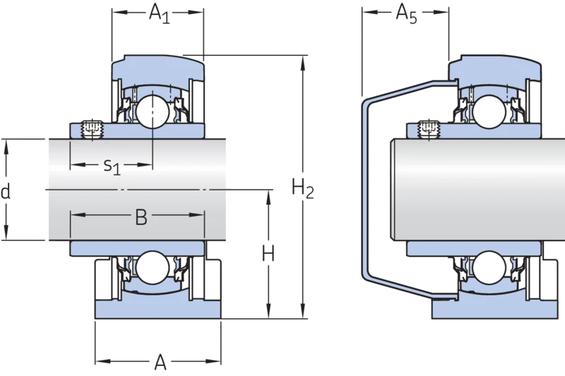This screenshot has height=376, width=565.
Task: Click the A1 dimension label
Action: pyautogui.click(x=160, y=13)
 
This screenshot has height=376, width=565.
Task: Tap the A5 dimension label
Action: pyautogui.click(x=407, y=13)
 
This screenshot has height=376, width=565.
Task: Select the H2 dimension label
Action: pyautogui.click(x=303, y=189)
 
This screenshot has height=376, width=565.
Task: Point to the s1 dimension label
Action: pyautogui.click(x=112, y=166)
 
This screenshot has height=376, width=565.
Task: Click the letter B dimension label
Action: pyautogui.click(x=141, y=217)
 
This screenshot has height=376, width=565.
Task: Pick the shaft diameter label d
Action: pyautogui.click(x=5, y=191)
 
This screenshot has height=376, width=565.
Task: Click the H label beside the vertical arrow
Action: pyautogui.click(x=268, y=253)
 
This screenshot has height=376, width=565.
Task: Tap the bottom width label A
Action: pyautogui.click(x=160, y=362)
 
